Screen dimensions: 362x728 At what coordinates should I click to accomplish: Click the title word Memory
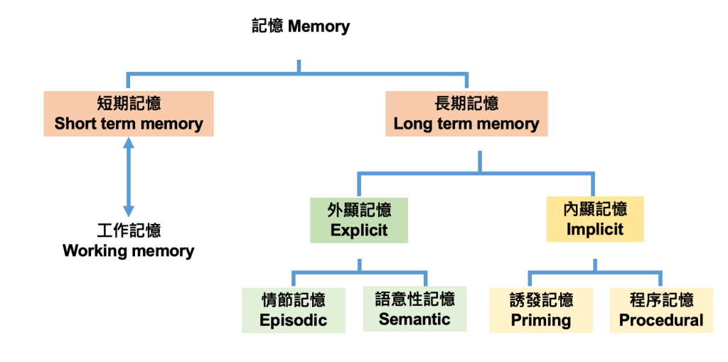click(318, 27)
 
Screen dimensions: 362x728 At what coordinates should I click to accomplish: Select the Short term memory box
click(129, 114)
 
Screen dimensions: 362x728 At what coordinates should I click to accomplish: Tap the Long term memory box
click(466, 114)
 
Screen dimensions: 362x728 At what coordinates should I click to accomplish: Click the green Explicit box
click(359, 220)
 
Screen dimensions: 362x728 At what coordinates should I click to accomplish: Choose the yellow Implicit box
click(594, 219)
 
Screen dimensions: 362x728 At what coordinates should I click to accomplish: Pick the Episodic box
click(293, 310)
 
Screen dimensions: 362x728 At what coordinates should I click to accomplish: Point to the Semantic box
click(414, 309)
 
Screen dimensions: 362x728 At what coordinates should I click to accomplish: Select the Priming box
click(541, 310)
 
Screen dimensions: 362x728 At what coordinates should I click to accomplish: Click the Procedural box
click(661, 310)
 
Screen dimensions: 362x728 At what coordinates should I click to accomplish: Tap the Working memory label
click(129, 250)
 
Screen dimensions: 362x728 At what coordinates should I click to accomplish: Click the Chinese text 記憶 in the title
click(267, 27)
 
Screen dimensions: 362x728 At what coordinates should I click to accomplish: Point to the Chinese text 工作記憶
click(129, 230)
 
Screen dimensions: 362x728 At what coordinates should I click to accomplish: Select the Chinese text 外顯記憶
click(359, 210)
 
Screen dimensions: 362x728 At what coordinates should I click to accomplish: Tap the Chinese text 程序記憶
click(661, 299)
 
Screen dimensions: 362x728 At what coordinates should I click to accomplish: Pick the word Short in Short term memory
click(75, 124)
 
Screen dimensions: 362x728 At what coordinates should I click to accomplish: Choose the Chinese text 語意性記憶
click(414, 299)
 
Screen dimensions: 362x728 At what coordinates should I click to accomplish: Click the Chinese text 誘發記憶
click(541, 299)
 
